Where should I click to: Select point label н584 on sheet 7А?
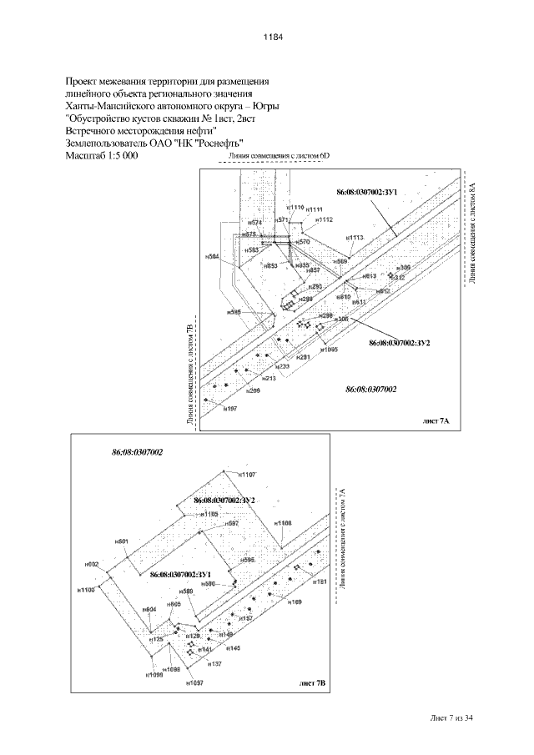tap(212, 257)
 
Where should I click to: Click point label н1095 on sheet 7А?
tap(330, 350)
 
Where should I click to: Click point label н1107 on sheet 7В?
tap(248, 474)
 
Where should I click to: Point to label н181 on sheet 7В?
tap(319, 581)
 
